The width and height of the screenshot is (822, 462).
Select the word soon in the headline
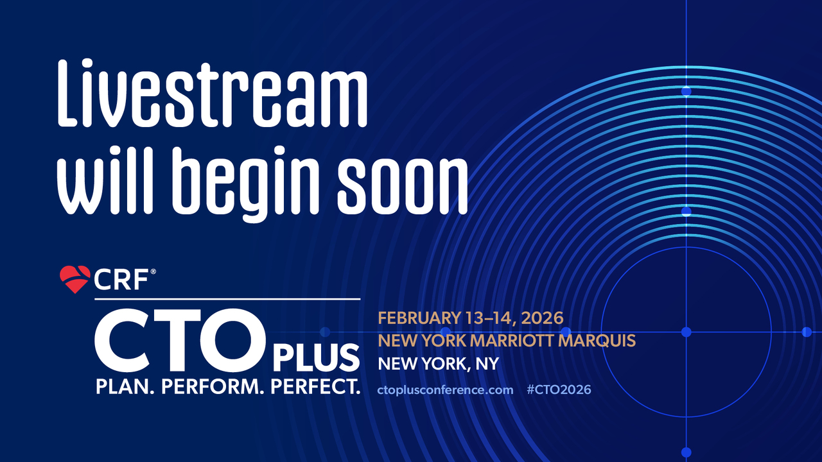coord(403,187)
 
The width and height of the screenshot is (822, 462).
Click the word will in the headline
coord(105,180)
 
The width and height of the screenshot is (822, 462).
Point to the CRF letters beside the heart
coord(121,280)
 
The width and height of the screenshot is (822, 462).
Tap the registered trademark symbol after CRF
coord(153,271)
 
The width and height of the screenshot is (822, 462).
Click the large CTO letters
coord(180,340)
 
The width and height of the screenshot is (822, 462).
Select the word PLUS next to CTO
coord(316,358)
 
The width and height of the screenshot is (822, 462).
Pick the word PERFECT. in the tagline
coord(315,387)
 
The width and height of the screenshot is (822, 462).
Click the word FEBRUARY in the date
coord(419,318)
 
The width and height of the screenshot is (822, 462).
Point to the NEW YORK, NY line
coord(439,364)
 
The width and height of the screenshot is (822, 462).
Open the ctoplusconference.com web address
coord(445,389)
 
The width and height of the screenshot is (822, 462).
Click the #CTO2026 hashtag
coord(559,389)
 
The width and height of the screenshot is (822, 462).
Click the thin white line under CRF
coord(227,299)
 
